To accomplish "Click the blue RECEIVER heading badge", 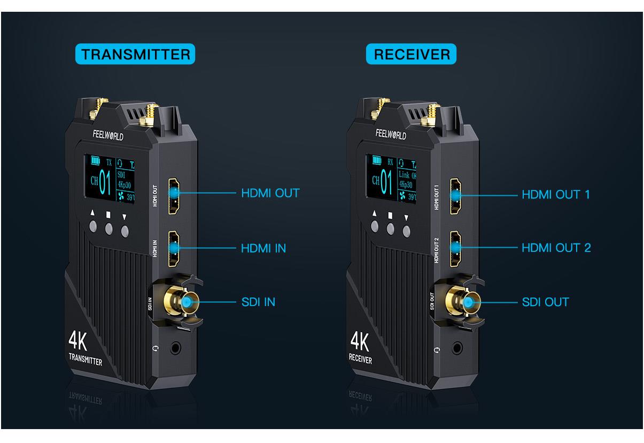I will [411, 54].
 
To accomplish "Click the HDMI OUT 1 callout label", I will [556, 194].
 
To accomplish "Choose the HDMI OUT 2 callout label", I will [556, 248].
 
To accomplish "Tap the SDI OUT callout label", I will [545, 302].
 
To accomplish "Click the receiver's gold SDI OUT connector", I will [467, 303].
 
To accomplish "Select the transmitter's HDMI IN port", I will [174, 249].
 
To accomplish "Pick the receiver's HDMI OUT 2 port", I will [455, 249].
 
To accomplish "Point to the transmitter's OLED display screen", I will [110, 178].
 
